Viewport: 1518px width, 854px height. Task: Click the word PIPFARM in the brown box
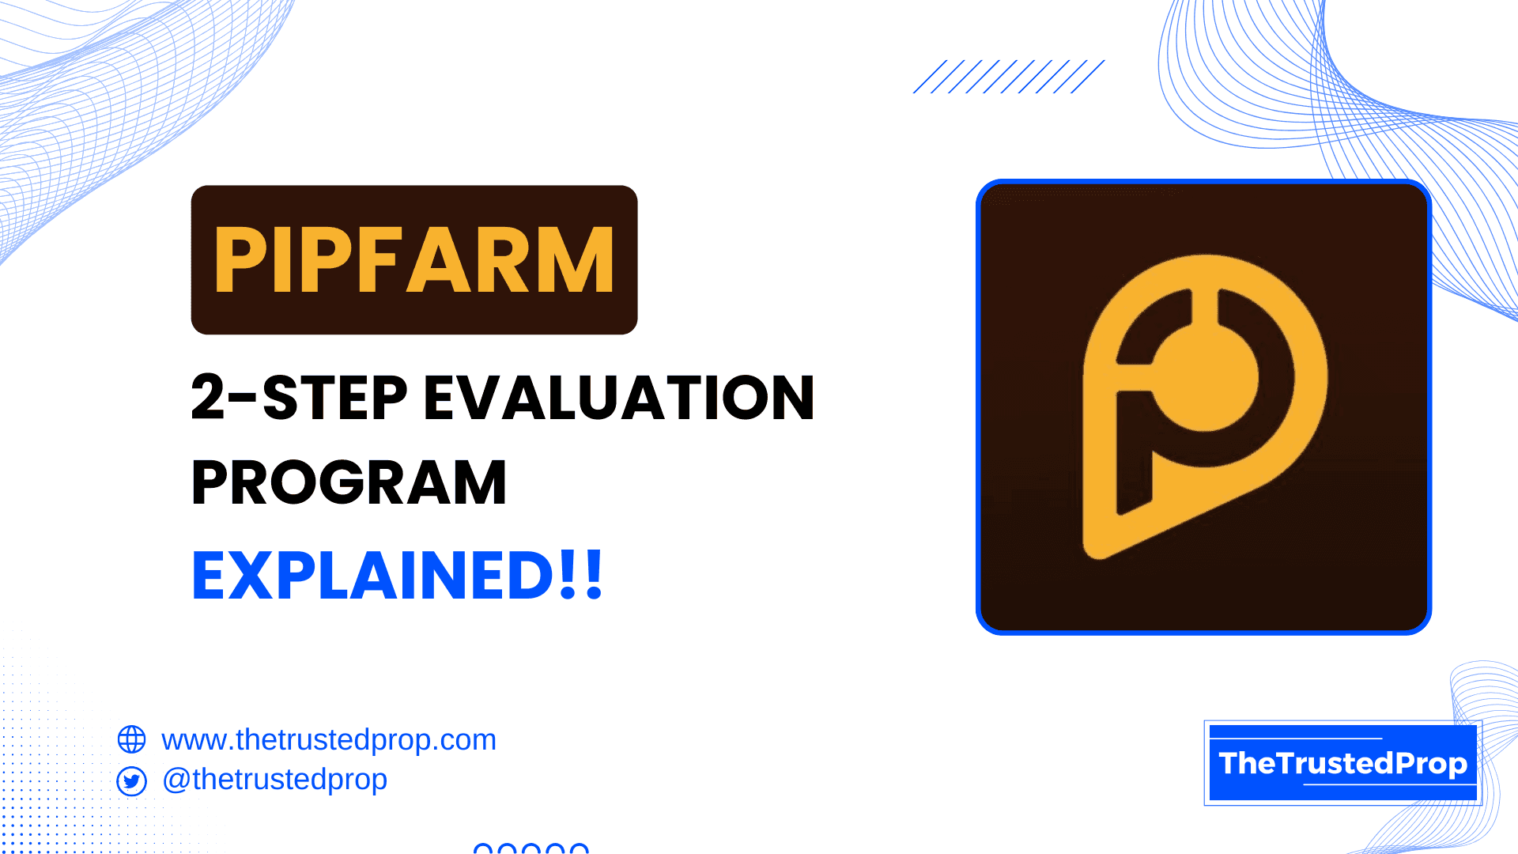pos(413,259)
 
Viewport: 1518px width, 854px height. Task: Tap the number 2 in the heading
pos(209,397)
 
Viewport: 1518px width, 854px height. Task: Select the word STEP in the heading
pos(334,397)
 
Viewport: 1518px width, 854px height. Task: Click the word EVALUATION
pos(619,397)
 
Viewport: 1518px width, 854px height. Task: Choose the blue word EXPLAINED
pos(373,575)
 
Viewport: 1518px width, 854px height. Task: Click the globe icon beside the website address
pos(131,739)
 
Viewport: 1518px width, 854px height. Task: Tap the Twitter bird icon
pos(131,781)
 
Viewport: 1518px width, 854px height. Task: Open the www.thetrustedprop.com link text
pos(329,740)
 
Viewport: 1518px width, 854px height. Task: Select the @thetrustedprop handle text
pos(274,780)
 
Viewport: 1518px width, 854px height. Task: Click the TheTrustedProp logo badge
pos(1342,763)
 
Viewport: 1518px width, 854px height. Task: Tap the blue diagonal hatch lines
pos(1009,77)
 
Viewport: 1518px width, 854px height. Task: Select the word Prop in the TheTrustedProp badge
pos(1430,764)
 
